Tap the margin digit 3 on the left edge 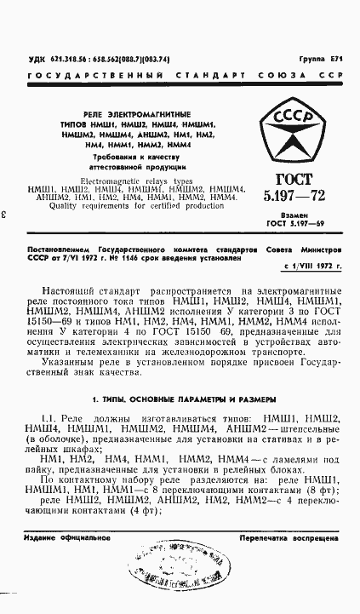[6, 215]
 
